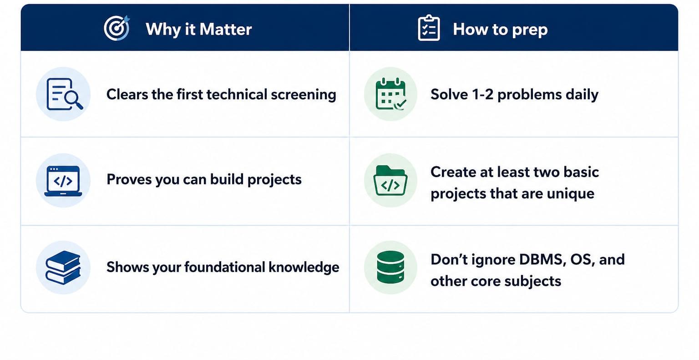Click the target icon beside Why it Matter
pos(116,28)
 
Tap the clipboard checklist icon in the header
pos(429,28)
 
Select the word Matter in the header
pos(225,29)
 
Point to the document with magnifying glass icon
pos(64,94)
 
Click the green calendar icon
pos(391,94)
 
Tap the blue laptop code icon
pos(63,181)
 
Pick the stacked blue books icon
pos(63,267)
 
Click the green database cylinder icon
pos(390,267)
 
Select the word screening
pos(304,95)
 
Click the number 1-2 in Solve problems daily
pos(482,94)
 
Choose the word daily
pos(582,95)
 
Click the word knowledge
pos(304,267)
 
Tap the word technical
pos(237,95)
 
